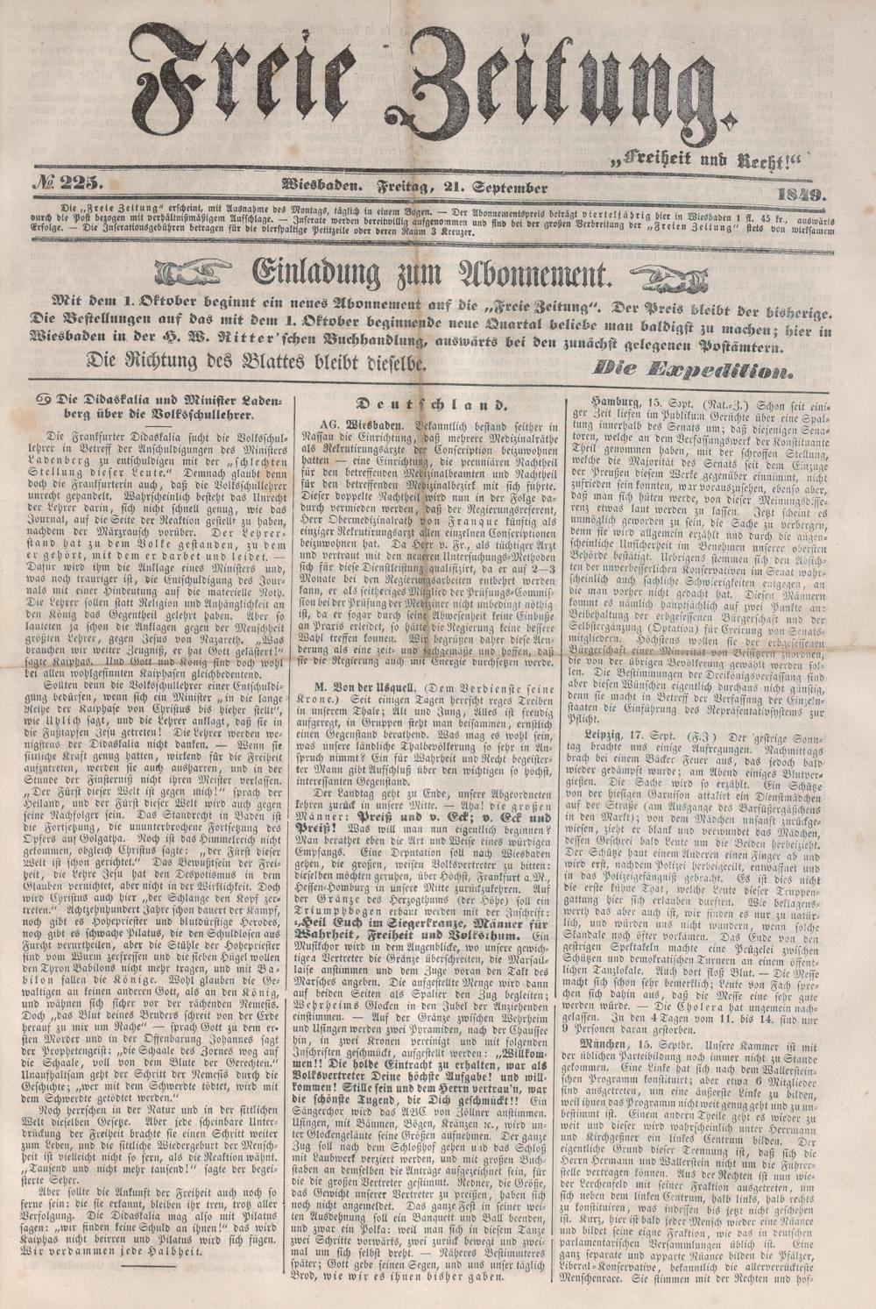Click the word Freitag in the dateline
pos(408,187)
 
